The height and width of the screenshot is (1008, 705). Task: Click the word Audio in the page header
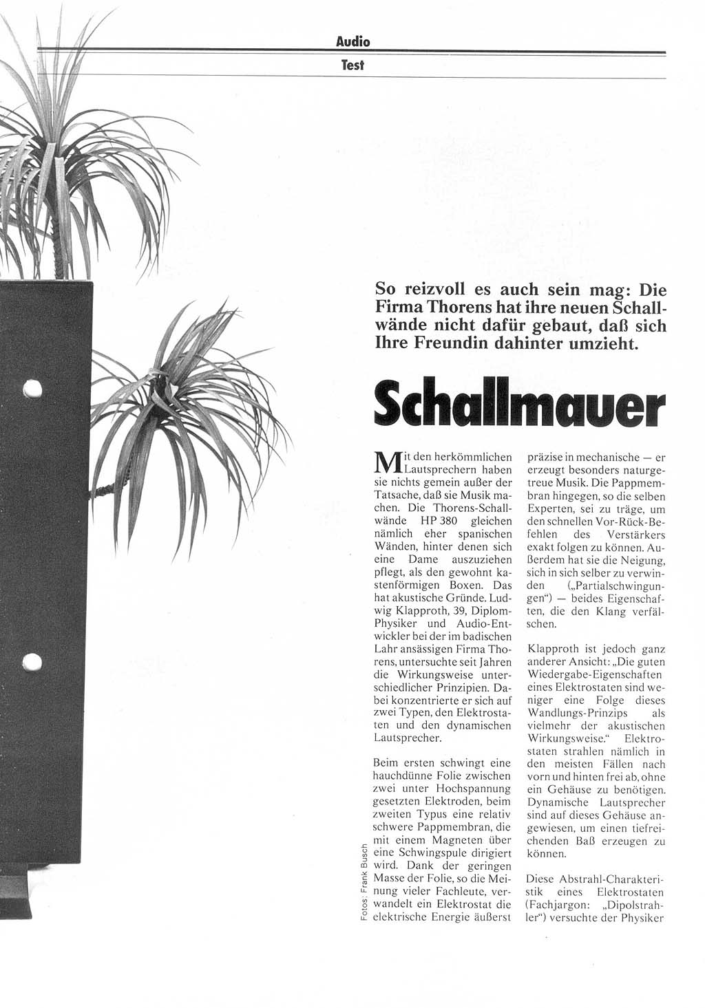pos(352,42)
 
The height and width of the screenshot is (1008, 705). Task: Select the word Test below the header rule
pos(352,65)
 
